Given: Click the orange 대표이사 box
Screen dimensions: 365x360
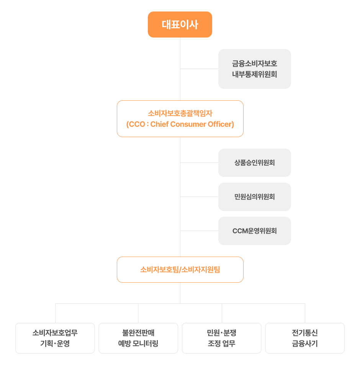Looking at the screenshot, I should (180, 25).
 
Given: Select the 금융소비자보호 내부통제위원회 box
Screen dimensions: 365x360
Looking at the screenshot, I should (254, 69).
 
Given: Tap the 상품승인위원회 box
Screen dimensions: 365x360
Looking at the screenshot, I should (254, 163).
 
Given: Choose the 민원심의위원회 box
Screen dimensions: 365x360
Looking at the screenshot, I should (254, 197).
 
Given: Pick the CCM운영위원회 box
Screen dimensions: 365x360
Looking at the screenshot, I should (254, 231).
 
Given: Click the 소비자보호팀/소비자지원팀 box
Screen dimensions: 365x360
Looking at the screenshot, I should (180, 270).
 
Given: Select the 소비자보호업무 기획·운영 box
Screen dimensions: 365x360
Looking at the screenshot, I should (55, 338).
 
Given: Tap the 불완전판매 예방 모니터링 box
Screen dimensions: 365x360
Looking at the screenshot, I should (138, 338).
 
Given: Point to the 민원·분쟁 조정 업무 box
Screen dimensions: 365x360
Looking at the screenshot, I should (222, 338).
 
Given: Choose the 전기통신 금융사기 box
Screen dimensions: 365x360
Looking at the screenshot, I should (305, 338).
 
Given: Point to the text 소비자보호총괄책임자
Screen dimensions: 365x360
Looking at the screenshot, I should (180, 113).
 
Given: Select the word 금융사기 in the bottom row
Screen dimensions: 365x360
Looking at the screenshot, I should (305, 344).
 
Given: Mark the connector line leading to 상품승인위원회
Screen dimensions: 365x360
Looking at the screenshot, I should (199, 163).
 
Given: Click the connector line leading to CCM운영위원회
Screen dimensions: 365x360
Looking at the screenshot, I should (199, 231).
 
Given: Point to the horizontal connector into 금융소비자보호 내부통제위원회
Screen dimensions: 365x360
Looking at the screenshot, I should (199, 69).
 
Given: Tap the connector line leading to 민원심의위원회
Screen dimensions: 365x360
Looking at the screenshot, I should (199, 197).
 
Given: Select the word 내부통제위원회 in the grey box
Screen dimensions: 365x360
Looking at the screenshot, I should (254, 74).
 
